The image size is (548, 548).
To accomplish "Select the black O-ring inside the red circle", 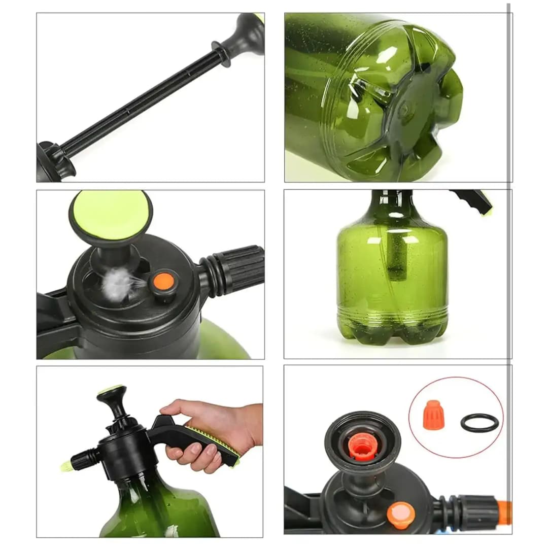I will pyautogui.click(x=479, y=422).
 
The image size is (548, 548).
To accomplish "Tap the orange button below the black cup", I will pyautogui.click(x=401, y=515).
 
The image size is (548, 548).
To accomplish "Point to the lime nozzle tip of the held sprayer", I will pyautogui.click(x=65, y=465).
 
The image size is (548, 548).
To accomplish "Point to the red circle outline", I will pyautogui.click(x=457, y=379).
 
